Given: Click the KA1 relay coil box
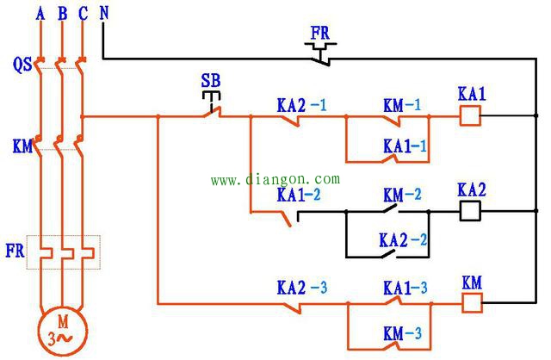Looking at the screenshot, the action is pyautogui.click(x=470, y=116).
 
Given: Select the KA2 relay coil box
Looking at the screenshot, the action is pyautogui.click(x=470, y=211).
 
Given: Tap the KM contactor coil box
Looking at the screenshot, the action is pyautogui.click(x=472, y=303).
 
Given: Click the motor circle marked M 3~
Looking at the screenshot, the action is pyautogui.click(x=63, y=331).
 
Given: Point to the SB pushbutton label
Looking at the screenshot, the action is pyautogui.click(x=211, y=80).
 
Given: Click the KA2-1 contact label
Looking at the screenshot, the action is pyautogui.click(x=302, y=105).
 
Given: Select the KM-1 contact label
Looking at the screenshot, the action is pyautogui.click(x=402, y=105).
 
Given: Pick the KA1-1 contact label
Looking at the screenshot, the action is pyautogui.click(x=406, y=146).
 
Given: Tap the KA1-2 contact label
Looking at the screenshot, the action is pyautogui.click(x=299, y=195).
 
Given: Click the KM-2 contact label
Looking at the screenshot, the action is pyautogui.click(x=402, y=195).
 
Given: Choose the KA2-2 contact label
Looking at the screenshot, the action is pyautogui.click(x=404, y=240).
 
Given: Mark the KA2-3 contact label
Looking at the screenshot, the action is pyautogui.click(x=302, y=288).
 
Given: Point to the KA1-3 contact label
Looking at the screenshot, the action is pyautogui.click(x=406, y=288).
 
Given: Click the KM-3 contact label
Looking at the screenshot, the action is pyautogui.click(x=402, y=333).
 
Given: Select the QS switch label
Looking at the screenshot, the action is pyautogui.click(x=22, y=65).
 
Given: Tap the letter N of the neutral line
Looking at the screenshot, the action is pyautogui.click(x=104, y=14).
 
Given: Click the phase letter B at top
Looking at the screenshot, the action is pyautogui.click(x=63, y=14).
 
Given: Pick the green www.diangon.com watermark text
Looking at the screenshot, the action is pyautogui.click(x=275, y=179).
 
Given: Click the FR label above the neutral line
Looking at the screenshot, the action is pyautogui.click(x=320, y=33).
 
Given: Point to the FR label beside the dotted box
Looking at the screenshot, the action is pyautogui.click(x=15, y=251).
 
